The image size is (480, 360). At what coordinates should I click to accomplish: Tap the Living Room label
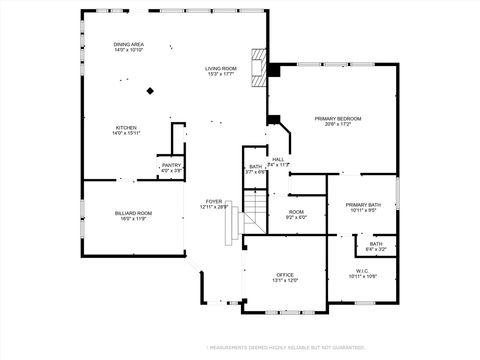click(220, 67)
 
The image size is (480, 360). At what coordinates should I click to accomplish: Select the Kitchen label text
click(127, 128)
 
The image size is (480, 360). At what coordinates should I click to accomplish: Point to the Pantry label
click(171, 166)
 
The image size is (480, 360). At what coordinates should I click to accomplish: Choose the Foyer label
click(214, 201)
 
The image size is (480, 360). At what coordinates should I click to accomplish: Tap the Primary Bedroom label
click(337, 119)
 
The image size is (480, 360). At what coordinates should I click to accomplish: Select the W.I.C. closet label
click(362, 270)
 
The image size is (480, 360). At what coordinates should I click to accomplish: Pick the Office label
click(286, 274)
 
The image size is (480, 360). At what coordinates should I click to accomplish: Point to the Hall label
click(278, 158)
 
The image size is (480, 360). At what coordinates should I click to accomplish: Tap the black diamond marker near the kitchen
click(150, 91)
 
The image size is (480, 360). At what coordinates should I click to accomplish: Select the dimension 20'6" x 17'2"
click(337, 125)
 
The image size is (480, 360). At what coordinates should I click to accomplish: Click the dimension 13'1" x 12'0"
click(286, 280)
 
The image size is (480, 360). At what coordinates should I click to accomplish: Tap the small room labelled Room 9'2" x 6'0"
click(296, 214)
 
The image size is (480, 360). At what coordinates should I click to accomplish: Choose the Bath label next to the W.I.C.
click(375, 244)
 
